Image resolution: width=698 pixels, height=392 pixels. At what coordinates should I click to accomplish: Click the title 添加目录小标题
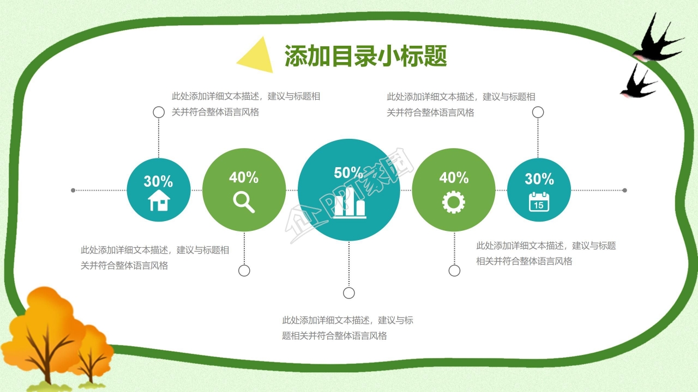point(365,56)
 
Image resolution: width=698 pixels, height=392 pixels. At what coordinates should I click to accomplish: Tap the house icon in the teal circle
point(159,200)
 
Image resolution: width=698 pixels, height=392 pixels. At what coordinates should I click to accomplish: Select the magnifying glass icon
point(244,201)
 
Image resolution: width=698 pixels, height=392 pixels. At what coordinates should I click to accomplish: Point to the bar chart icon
point(350,204)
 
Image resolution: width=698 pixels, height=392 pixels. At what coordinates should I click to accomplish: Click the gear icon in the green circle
point(454,202)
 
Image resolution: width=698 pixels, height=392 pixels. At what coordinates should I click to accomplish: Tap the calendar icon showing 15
point(539,201)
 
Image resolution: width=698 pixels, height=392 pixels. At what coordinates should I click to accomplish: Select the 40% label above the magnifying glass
point(244,177)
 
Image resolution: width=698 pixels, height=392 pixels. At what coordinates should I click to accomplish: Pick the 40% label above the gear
point(454,177)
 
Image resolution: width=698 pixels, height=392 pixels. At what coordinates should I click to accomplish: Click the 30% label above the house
point(158,181)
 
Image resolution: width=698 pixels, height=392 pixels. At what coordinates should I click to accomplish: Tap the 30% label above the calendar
point(539,179)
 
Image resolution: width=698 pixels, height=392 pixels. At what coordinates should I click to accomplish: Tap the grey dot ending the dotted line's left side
point(73,191)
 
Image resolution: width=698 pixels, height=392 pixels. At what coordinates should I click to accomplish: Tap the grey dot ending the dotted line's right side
point(625,191)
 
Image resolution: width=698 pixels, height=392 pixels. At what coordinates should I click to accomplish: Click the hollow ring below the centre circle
point(349,293)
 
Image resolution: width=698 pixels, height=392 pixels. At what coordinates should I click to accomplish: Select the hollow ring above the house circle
point(159,112)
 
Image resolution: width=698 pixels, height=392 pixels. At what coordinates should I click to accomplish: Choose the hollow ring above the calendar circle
point(538,112)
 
